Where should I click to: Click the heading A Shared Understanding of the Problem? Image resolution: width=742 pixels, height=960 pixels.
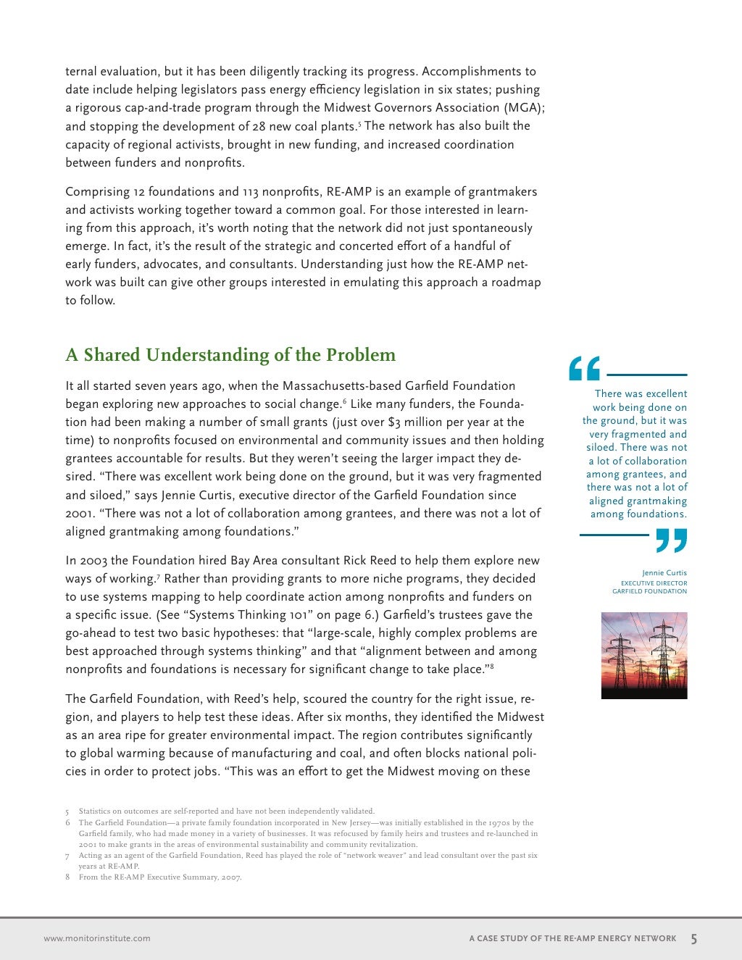pos(230,355)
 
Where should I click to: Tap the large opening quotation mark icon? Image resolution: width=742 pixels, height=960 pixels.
pos(584,369)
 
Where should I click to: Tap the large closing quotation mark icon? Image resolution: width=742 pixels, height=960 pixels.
pos(671,540)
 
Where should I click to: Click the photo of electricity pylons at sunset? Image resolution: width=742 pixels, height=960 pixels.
pos(644,656)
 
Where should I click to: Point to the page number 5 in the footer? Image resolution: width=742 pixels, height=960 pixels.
pos(693,939)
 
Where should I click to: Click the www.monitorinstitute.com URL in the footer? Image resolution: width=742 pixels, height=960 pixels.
pos(97,938)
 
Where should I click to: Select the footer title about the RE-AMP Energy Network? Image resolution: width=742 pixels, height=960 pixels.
pos(572,938)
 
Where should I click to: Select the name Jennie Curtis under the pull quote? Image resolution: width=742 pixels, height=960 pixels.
pos(664,573)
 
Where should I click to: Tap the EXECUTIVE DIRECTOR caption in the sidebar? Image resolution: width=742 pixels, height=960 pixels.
pos(654,583)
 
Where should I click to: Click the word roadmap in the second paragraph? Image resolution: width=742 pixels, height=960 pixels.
pos(516,283)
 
